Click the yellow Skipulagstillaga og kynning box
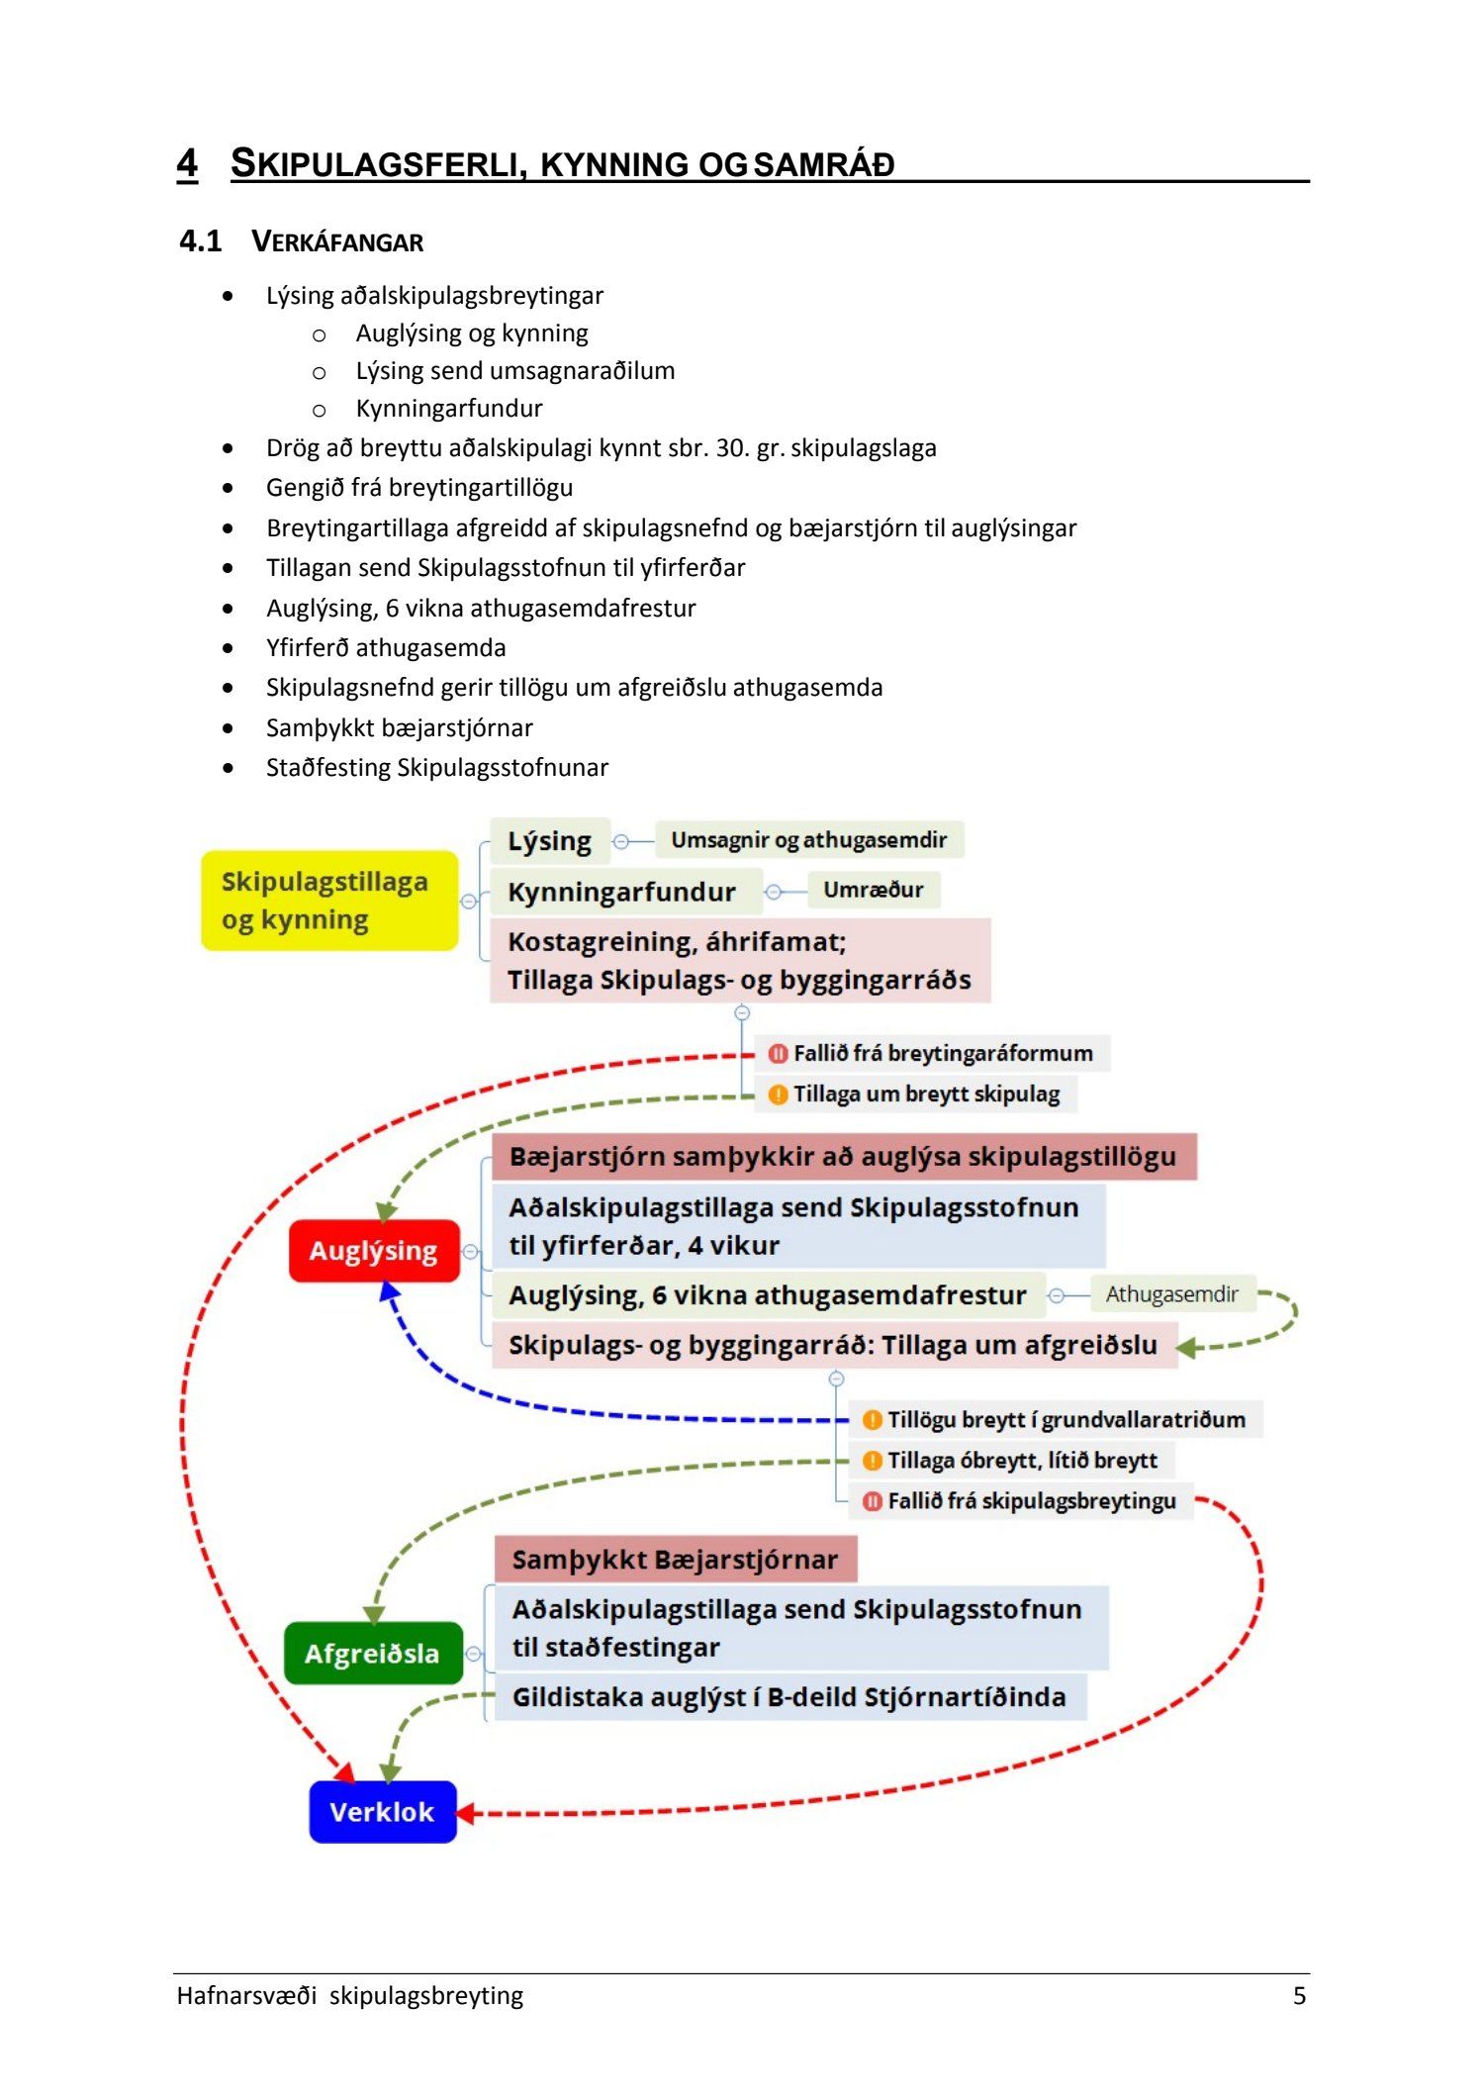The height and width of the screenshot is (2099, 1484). (328, 901)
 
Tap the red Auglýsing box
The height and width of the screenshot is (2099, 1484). (374, 1251)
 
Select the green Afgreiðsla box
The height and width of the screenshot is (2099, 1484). (373, 1653)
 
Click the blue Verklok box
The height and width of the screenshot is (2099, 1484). (382, 1812)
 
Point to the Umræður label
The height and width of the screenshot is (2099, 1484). (873, 890)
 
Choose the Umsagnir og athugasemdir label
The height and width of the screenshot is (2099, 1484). (808, 840)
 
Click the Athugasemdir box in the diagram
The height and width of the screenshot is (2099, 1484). (1171, 1293)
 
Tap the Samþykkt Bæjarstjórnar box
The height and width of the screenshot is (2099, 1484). (675, 1560)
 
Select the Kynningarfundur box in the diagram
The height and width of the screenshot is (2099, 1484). (622, 892)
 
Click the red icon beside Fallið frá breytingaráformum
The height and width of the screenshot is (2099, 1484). (779, 1054)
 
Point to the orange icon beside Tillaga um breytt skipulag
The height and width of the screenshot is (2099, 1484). (779, 1095)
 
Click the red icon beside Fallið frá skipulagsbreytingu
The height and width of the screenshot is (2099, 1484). (873, 1501)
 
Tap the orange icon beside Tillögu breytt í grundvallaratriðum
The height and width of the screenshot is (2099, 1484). (873, 1420)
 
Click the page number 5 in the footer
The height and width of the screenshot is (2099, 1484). (1299, 1995)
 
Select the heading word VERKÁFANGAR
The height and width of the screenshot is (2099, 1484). (337, 242)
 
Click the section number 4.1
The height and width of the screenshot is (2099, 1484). (200, 241)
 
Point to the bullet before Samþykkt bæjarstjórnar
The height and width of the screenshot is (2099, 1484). (229, 728)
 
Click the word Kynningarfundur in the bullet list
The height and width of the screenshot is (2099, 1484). (449, 409)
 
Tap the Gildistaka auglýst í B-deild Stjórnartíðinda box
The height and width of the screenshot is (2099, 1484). (788, 1697)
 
